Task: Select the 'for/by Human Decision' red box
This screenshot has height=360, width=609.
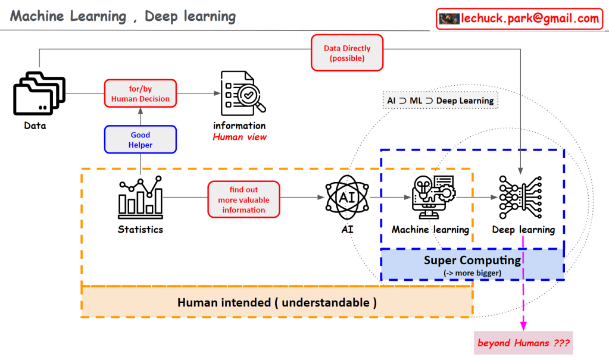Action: pyautogui.click(x=140, y=94)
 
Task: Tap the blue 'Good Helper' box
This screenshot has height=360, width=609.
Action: pyautogui.click(x=140, y=140)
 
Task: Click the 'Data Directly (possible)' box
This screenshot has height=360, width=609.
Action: pyautogui.click(x=347, y=53)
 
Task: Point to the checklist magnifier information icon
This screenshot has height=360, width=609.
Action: pyautogui.click(x=241, y=94)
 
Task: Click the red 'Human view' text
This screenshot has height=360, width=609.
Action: pyautogui.click(x=240, y=137)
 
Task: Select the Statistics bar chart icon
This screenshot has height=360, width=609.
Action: pyautogui.click(x=140, y=196)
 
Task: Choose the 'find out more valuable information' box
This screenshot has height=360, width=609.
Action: pyautogui.click(x=244, y=200)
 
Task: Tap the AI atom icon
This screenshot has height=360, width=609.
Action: pyautogui.click(x=348, y=198)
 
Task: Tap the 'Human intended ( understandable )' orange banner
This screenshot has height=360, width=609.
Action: pyautogui.click(x=277, y=302)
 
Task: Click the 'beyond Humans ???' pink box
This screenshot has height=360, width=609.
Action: pyautogui.click(x=523, y=343)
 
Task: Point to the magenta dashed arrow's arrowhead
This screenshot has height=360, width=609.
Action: pyautogui.click(x=524, y=325)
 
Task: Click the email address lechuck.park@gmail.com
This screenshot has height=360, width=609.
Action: pyautogui.click(x=530, y=18)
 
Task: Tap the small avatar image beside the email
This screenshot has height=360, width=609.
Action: pyautogui.click(x=449, y=18)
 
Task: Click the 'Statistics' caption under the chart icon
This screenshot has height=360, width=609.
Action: pyautogui.click(x=140, y=229)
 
